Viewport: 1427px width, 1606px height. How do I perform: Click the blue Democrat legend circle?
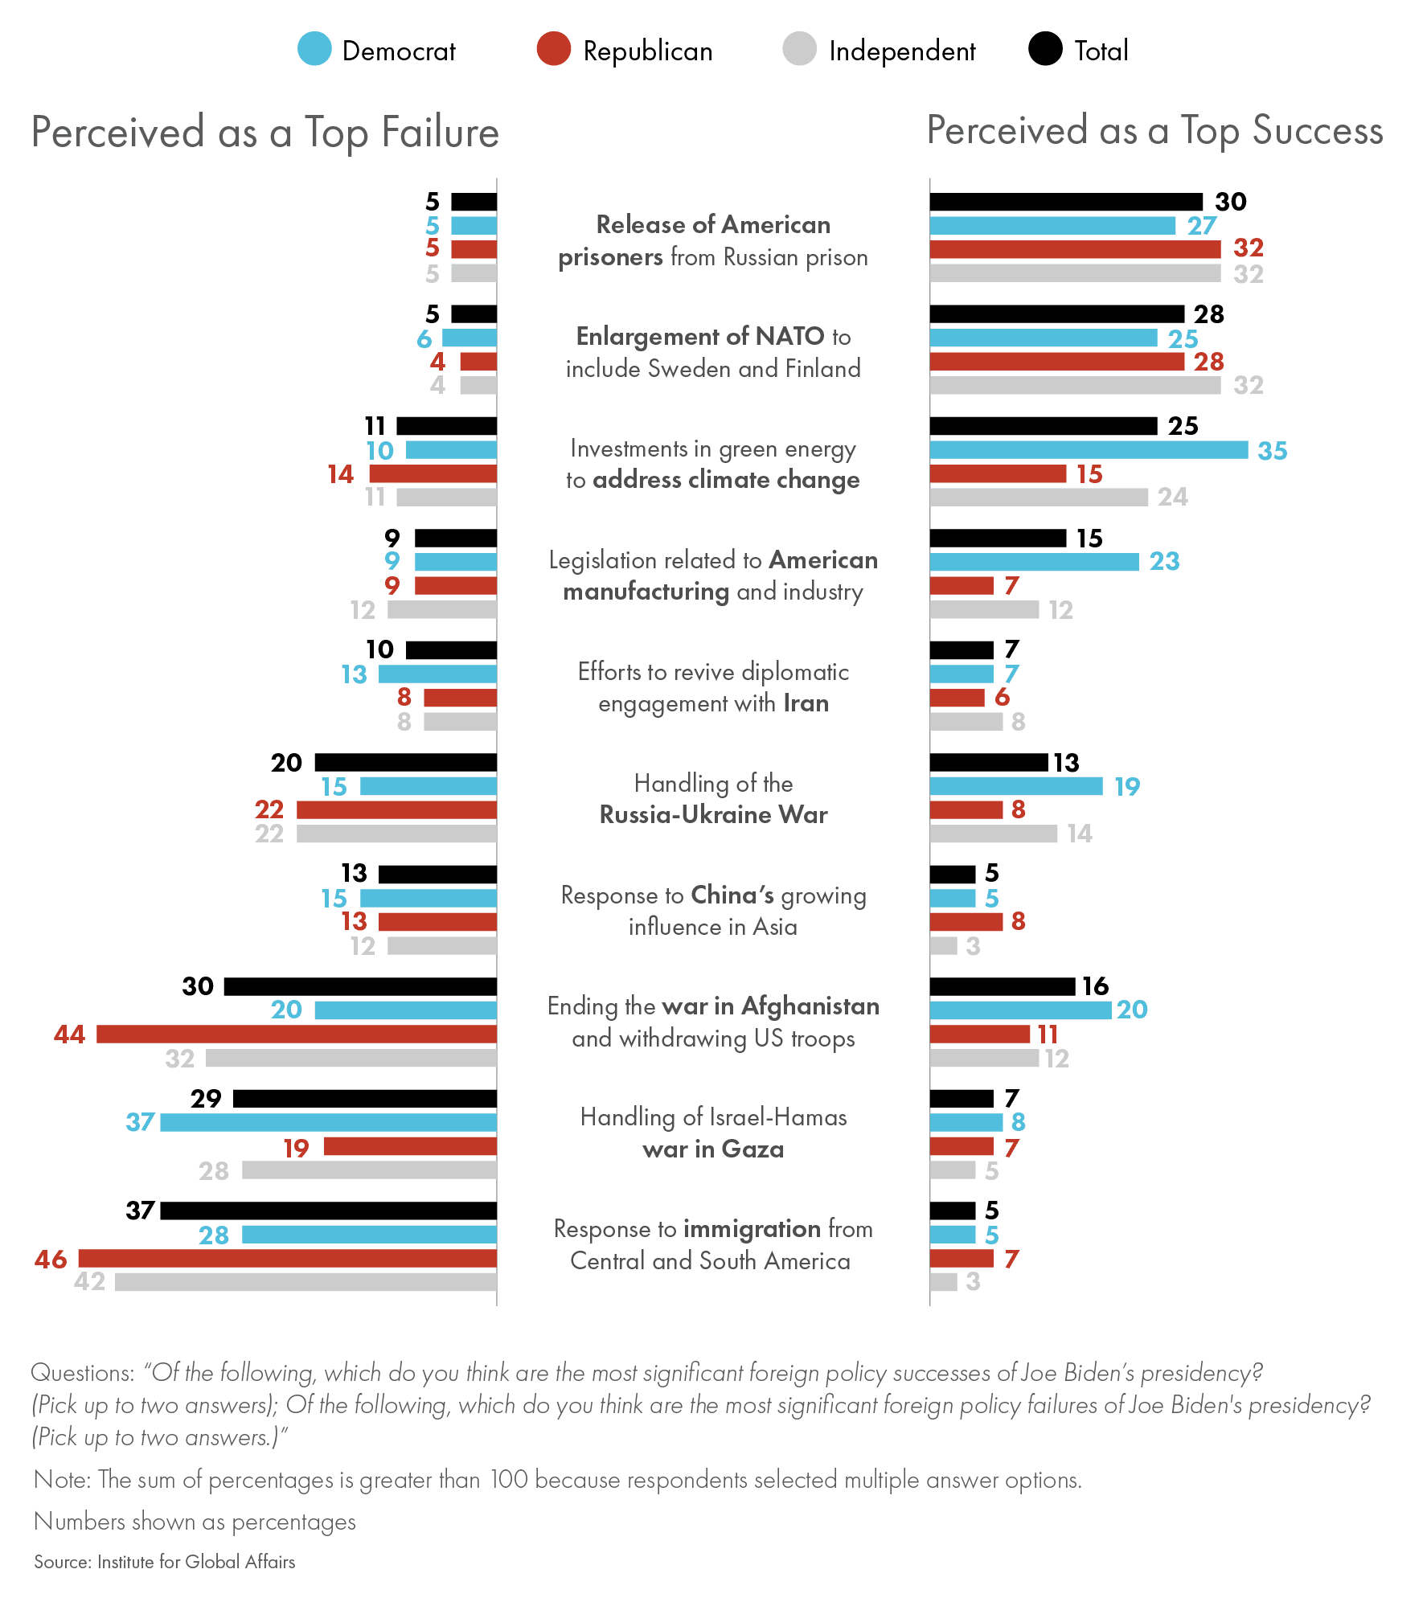tap(314, 49)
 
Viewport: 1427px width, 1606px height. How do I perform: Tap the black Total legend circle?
tap(1045, 49)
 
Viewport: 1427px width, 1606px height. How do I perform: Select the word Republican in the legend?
tap(647, 51)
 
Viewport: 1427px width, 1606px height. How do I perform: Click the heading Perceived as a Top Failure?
tap(265, 133)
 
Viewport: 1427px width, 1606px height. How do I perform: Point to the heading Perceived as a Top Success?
tap(1154, 131)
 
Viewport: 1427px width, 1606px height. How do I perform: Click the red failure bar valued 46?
tap(287, 1258)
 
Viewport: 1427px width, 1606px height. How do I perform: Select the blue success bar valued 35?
tap(1089, 450)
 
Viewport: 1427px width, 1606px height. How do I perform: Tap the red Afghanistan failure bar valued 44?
tap(296, 1034)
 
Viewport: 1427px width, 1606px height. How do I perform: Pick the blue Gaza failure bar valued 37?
tap(328, 1122)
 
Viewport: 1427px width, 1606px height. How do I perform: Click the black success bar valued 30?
tap(1066, 202)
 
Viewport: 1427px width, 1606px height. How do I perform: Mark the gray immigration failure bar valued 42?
tap(305, 1281)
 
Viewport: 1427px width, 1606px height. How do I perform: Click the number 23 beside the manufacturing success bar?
tap(1164, 561)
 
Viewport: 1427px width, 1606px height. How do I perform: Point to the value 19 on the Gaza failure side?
tap(296, 1148)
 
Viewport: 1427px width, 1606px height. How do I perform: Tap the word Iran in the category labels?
tap(806, 703)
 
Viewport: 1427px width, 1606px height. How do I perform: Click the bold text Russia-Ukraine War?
tap(713, 815)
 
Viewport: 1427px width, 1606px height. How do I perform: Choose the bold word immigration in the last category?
tap(752, 1229)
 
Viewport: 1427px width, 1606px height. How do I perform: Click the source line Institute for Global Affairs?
tap(196, 1562)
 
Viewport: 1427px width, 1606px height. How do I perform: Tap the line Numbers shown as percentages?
tap(195, 1522)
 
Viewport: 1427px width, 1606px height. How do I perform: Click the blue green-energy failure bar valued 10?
tap(451, 450)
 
